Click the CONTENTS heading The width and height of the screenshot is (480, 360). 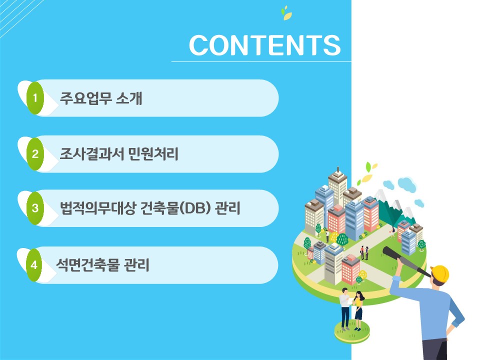tap(264, 45)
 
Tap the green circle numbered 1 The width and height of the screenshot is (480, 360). tap(35, 98)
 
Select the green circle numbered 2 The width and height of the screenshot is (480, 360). tap(35, 153)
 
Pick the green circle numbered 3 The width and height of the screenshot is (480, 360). tap(35, 208)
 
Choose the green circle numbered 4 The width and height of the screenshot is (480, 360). tap(34, 265)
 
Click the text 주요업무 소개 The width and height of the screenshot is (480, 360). tap(101, 98)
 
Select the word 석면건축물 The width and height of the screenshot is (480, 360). tap(87, 265)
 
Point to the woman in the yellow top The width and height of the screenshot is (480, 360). tap(358, 310)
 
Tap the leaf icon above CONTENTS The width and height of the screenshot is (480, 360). tap(286, 13)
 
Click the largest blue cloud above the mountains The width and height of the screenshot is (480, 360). tap(407, 184)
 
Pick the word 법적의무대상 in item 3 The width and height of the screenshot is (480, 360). tap(97, 208)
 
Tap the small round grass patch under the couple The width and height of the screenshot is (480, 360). tap(351, 332)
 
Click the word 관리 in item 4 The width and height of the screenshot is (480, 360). tap(136, 265)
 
